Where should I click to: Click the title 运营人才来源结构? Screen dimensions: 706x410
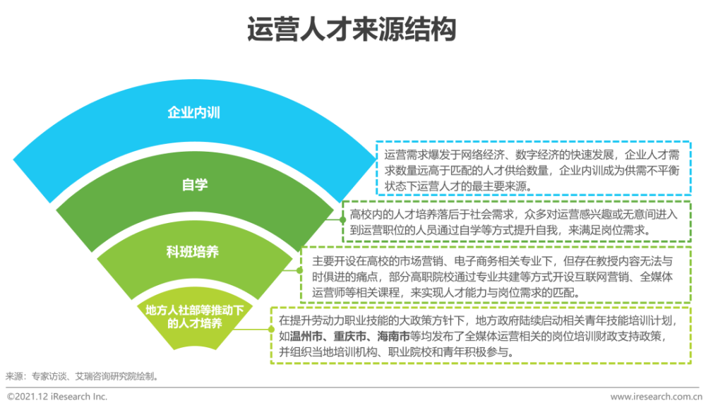pyautogui.click(x=352, y=30)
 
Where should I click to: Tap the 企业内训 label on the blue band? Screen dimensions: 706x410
pyautogui.click(x=193, y=112)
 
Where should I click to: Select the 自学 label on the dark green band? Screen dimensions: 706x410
pyautogui.click(x=195, y=184)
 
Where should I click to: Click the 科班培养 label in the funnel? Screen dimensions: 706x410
pyautogui.click(x=192, y=252)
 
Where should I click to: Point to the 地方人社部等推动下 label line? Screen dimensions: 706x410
pyautogui.click(x=195, y=310)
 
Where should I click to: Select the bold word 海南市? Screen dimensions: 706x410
pyautogui.click(x=393, y=336)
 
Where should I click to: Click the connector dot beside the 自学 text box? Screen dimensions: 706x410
pyautogui.click(x=342, y=219)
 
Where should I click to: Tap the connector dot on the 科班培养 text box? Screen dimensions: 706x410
pyautogui.click(x=300, y=270)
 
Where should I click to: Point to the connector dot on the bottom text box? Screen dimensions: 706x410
pyautogui.click(x=271, y=330)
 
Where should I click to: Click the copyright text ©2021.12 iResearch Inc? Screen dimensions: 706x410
pyautogui.click(x=57, y=397)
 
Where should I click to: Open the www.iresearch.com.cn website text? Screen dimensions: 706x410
pyautogui.click(x=656, y=397)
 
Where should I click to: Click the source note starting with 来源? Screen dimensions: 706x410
pyautogui.click(x=83, y=376)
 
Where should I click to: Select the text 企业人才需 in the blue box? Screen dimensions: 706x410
pyautogui.click(x=652, y=155)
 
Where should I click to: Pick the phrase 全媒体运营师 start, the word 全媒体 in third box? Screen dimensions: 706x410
pyautogui.click(x=657, y=277)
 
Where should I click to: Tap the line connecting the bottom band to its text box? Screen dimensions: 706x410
pyautogui.click(x=252, y=330)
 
